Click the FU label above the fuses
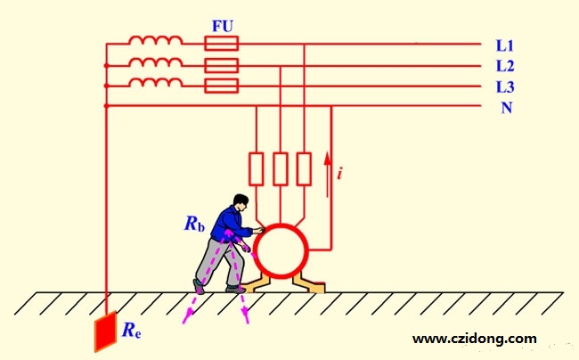223,27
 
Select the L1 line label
505,45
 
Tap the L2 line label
505,66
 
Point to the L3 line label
505,87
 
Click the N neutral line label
507,108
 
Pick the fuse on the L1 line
221,44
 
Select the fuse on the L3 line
221,86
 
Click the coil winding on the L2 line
156,62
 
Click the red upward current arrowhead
327,160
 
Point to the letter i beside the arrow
339,173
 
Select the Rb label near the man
194,224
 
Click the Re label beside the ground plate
132,330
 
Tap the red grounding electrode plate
106,331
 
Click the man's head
241,202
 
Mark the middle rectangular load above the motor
281,168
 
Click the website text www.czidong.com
475,339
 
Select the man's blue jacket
230,225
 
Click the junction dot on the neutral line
106,106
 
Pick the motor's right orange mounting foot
309,284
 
